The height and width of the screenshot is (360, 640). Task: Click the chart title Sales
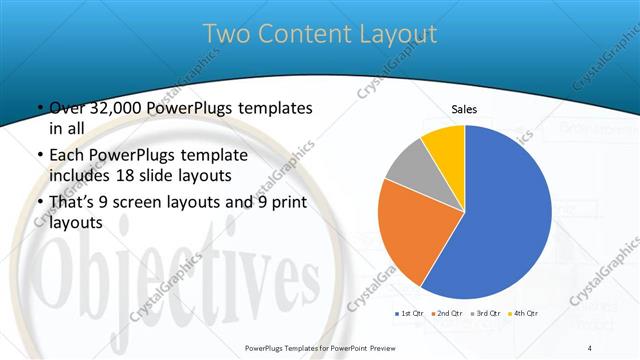pos(465,109)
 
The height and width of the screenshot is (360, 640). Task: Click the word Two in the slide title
pos(226,34)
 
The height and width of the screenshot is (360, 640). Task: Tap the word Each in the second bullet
pos(68,155)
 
